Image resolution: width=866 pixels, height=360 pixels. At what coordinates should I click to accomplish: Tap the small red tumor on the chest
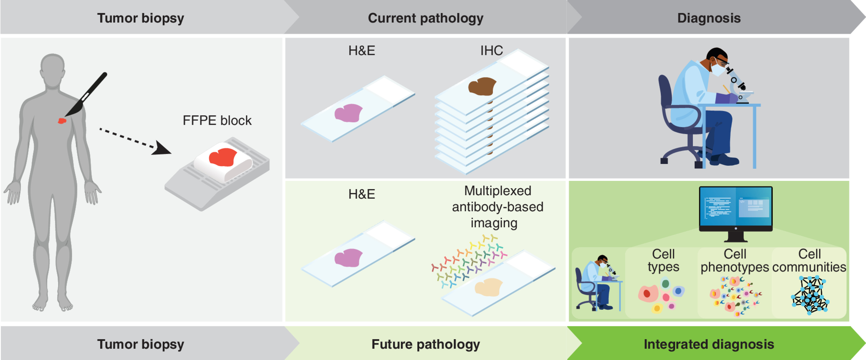62,121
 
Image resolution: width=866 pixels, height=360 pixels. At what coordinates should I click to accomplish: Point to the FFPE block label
217,120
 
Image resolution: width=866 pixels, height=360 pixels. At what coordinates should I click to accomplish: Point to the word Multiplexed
498,191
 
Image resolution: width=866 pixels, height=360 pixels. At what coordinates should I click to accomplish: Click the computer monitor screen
735,207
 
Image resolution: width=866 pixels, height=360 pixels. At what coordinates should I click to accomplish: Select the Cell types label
663,260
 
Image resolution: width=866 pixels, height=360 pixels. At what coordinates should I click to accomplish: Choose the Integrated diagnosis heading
709,344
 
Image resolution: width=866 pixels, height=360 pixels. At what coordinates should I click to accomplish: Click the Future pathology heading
426,344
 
